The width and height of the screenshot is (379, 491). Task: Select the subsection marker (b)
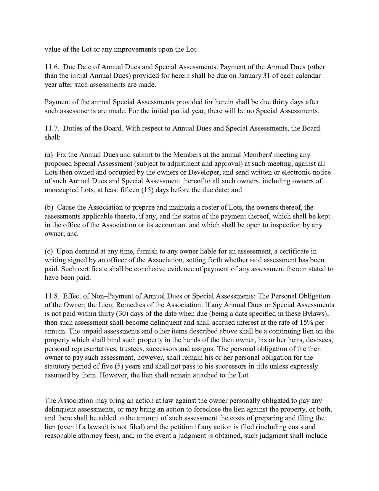click(49, 207)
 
